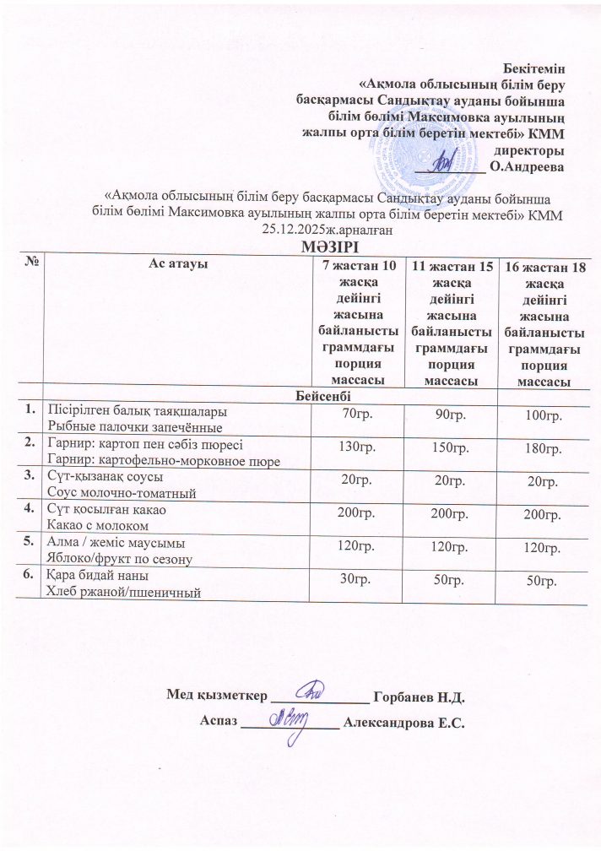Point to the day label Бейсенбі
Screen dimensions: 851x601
(324, 395)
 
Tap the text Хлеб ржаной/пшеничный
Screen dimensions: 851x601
(122, 592)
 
